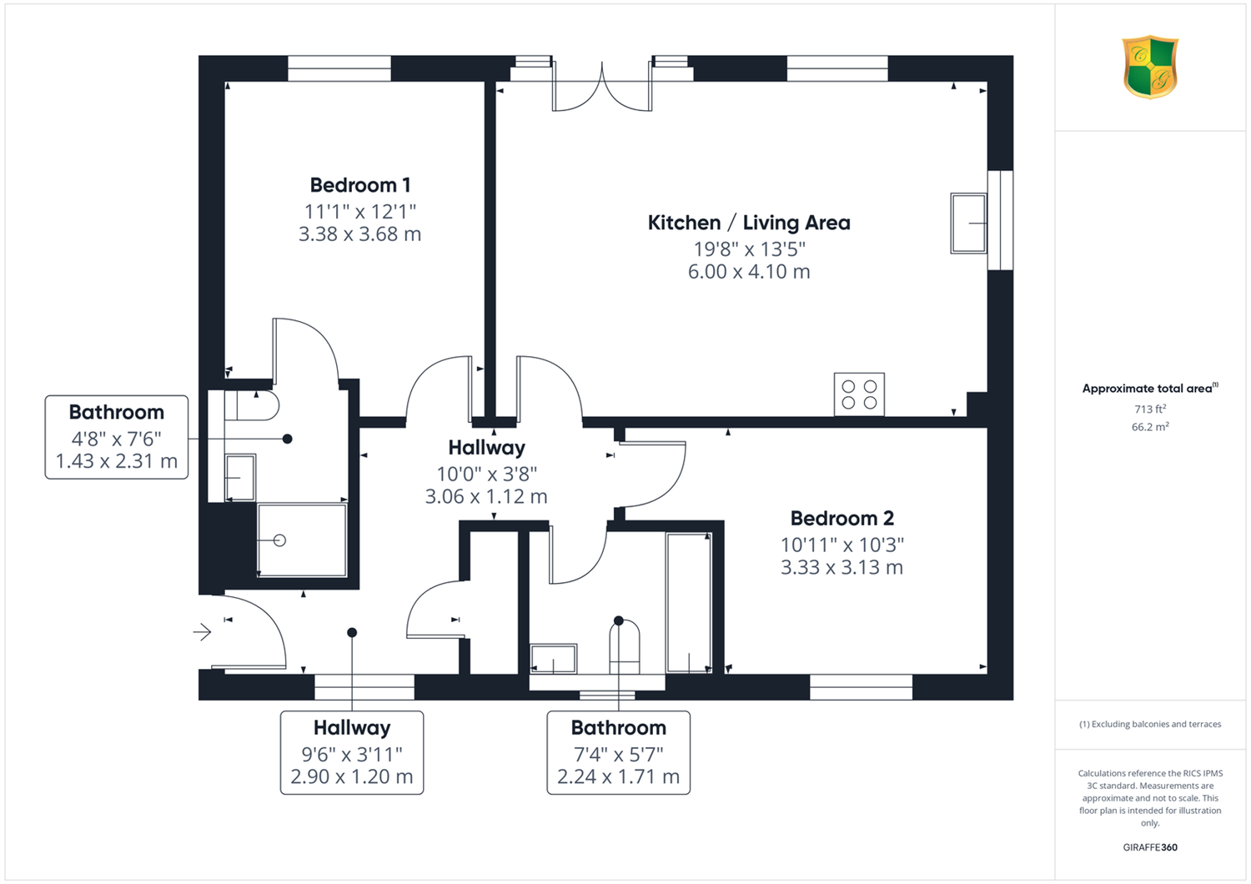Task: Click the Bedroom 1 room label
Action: [360, 185]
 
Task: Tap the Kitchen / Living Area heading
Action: [749, 223]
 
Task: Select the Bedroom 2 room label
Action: [842, 518]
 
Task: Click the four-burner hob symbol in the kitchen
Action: [859, 394]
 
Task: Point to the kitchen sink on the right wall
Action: [969, 224]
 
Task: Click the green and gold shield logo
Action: [1150, 67]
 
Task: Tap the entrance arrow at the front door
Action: [202, 632]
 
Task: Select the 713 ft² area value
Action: [1150, 409]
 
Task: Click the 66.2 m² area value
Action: [1150, 427]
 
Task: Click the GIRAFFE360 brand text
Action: [1150, 847]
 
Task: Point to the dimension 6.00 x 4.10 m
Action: [749, 271]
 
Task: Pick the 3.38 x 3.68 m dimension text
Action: [359, 234]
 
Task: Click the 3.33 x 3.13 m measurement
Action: [842, 567]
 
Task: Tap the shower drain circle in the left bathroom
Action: [279, 540]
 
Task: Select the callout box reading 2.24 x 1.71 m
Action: [618, 752]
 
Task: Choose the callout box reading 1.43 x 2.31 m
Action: [116, 437]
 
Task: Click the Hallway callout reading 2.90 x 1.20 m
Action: [352, 752]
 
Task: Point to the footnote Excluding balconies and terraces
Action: [1150, 724]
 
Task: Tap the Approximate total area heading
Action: [1150, 388]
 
